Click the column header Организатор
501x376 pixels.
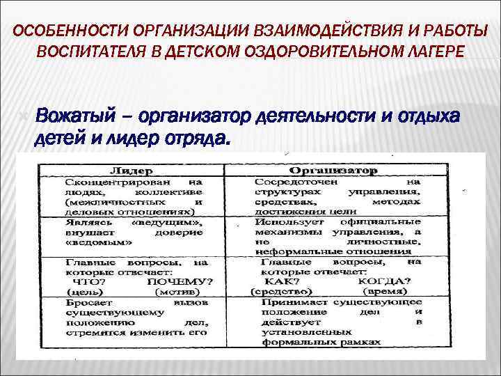[x=333, y=171]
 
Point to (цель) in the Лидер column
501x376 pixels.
[x=81, y=292]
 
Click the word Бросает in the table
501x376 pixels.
[x=86, y=303]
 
